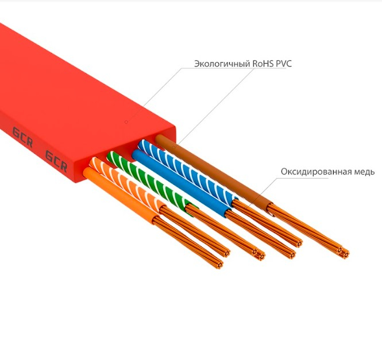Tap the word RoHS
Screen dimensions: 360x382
pyautogui.click(x=262, y=64)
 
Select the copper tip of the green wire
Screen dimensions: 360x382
pyautogui.click(x=257, y=252)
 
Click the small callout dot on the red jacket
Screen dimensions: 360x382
pyautogui.click(x=126, y=122)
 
